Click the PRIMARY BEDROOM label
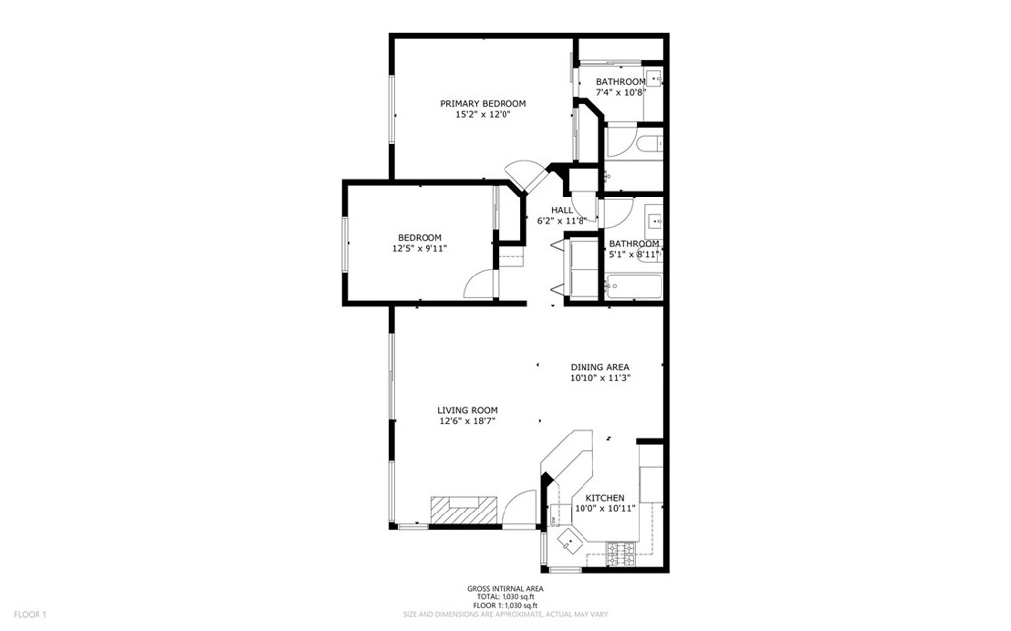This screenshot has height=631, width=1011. (x=483, y=103)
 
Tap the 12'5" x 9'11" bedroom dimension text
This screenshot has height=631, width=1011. (x=420, y=249)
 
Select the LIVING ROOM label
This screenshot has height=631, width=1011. (x=467, y=410)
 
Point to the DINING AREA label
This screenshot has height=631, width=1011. (x=599, y=367)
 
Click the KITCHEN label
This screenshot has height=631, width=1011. (x=604, y=498)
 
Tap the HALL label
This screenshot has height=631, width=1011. (x=562, y=210)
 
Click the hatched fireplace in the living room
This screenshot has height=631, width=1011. (x=461, y=510)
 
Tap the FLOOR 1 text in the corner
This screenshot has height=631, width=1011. (x=31, y=614)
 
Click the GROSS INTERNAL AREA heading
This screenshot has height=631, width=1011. (x=505, y=589)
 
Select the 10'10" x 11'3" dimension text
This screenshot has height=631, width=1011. (x=599, y=378)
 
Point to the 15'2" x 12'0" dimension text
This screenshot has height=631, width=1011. (x=483, y=115)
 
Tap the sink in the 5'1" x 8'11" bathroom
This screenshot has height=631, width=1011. (x=654, y=219)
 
